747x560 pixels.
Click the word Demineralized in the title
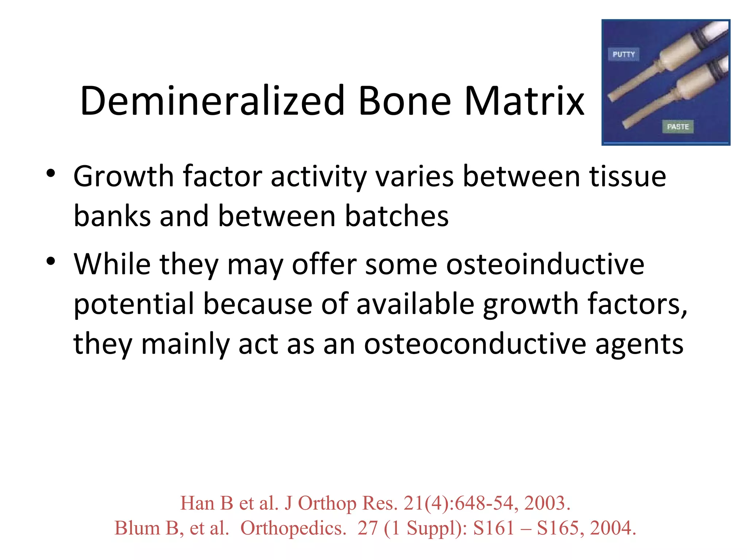coord(212,101)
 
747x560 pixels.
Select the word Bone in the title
coord(405,101)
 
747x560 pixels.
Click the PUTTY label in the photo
coord(623,54)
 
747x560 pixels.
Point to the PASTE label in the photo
coord(678,127)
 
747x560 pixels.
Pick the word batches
coord(396,216)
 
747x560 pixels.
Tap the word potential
coord(134,304)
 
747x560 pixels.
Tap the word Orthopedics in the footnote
coord(293,529)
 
